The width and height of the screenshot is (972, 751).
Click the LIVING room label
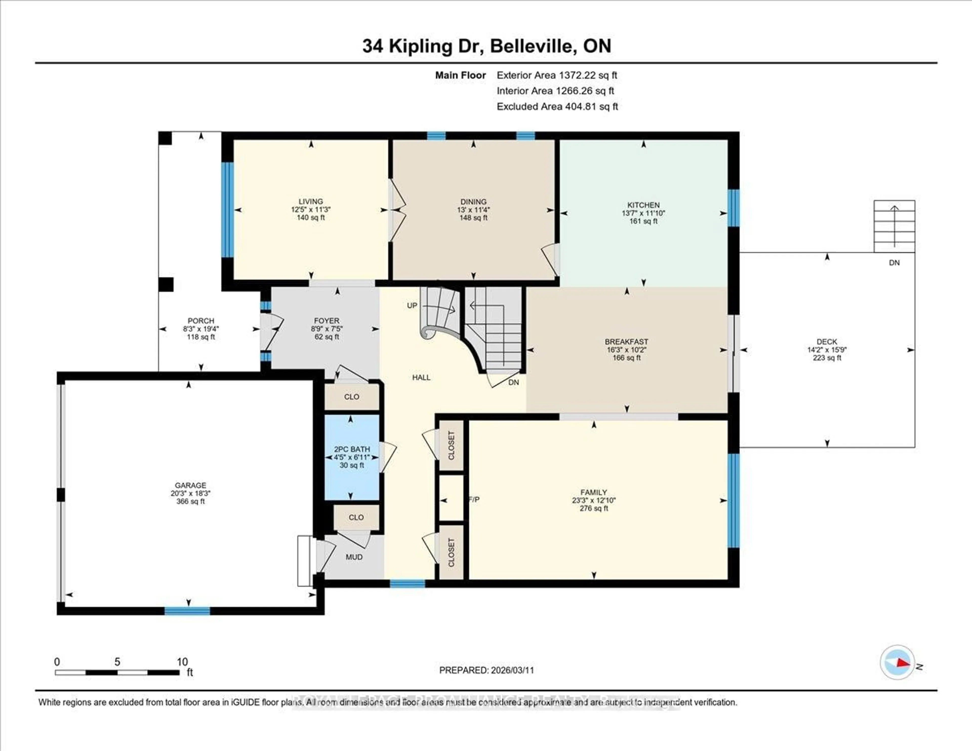coord(311,202)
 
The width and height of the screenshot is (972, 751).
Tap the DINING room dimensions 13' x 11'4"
coord(474,210)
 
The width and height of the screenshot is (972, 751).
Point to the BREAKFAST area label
coord(626,342)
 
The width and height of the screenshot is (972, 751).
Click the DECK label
coord(827,342)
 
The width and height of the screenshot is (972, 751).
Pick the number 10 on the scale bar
coord(182,662)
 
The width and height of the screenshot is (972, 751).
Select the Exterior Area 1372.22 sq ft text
coord(557,75)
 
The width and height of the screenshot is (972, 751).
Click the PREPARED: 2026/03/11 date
coord(487,670)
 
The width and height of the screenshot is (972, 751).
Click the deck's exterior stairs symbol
coord(894,226)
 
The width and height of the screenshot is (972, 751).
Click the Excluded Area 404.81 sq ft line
coord(557,106)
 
